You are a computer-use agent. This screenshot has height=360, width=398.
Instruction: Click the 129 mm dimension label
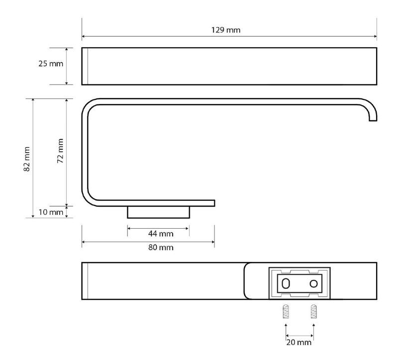(x=226, y=30)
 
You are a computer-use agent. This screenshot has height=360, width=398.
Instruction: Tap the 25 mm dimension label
(x=51, y=64)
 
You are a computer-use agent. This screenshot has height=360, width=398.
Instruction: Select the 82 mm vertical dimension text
(x=27, y=159)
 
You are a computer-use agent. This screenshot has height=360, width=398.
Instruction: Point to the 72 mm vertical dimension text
(x=60, y=151)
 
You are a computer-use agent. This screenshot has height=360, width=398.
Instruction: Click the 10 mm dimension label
(x=51, y=212)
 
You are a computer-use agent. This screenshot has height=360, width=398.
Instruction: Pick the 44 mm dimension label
(x=161, y=234)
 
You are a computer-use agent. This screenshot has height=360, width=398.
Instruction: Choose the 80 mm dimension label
(x=161, y=247)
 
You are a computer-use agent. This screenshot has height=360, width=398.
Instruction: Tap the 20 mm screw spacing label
(x=299, y=343)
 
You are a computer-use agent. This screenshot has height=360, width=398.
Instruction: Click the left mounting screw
(x=286, y=311)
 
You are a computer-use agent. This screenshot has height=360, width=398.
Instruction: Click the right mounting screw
(x=314, y=311)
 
